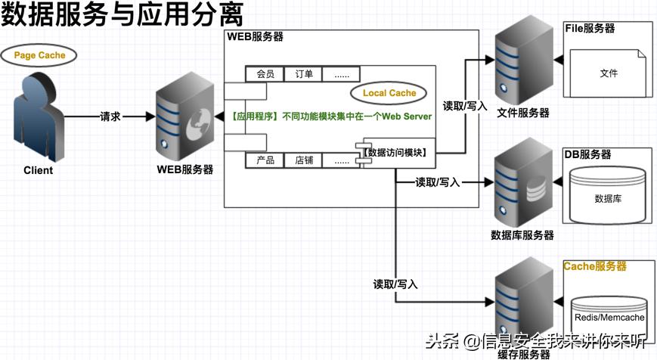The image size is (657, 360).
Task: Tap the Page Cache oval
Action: click(x=39, y=55)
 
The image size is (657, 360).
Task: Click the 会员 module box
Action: click(x=265, y=74)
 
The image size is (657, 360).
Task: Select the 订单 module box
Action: click(x=304, y=74)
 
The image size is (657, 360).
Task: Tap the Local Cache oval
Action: click(x=389, y=93)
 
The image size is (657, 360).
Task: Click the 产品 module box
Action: click(x=265, y=160)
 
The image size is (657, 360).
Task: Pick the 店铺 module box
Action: click(x=304, y=160)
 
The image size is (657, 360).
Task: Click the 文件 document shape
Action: click(x=609, y=73)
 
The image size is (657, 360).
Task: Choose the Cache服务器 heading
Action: click(x=595, y=267)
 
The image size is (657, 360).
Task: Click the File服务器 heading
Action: click(x=590, y=29)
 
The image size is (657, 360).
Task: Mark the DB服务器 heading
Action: click(x=587, y=154)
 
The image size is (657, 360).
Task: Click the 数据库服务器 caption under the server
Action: click(x=522, y=235)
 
